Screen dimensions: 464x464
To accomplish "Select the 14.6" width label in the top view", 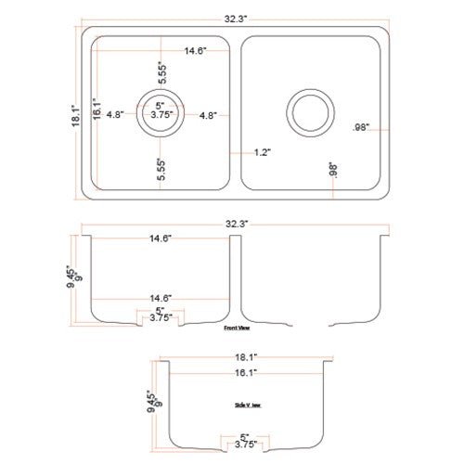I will (195, 50).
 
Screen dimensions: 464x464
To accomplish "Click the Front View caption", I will (237, 328).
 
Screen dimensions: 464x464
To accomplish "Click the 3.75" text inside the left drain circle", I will (155, 116).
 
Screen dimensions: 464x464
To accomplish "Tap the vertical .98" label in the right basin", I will (333, 171).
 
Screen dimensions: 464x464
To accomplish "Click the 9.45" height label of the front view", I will (70, 277).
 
